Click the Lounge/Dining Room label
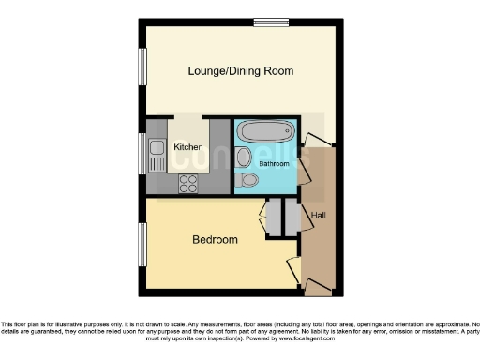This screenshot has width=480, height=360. (x=240, y=71)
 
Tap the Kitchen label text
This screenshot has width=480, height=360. (x=187, y=147)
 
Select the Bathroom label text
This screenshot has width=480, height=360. (x=275, y=163)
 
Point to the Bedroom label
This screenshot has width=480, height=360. (x=215, y=240)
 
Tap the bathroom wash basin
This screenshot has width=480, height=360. (x=243, y=157)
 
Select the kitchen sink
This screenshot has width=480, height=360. (x=154, y=153)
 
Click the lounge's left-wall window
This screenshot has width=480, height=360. (x=142, y=71)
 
